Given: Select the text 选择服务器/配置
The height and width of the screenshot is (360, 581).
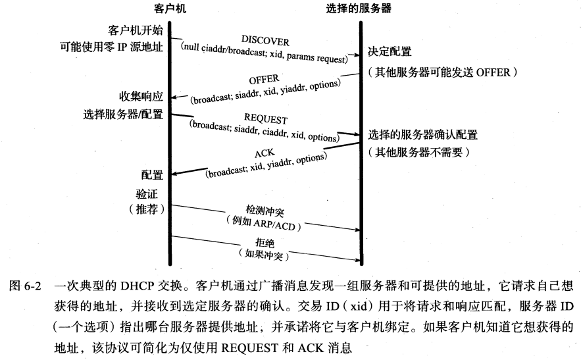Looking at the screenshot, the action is [x=123, y=114].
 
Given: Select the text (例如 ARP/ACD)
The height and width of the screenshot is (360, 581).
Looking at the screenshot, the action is [x=263, y=223].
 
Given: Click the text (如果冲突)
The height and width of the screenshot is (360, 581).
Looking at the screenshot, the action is [x=264, y=253].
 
